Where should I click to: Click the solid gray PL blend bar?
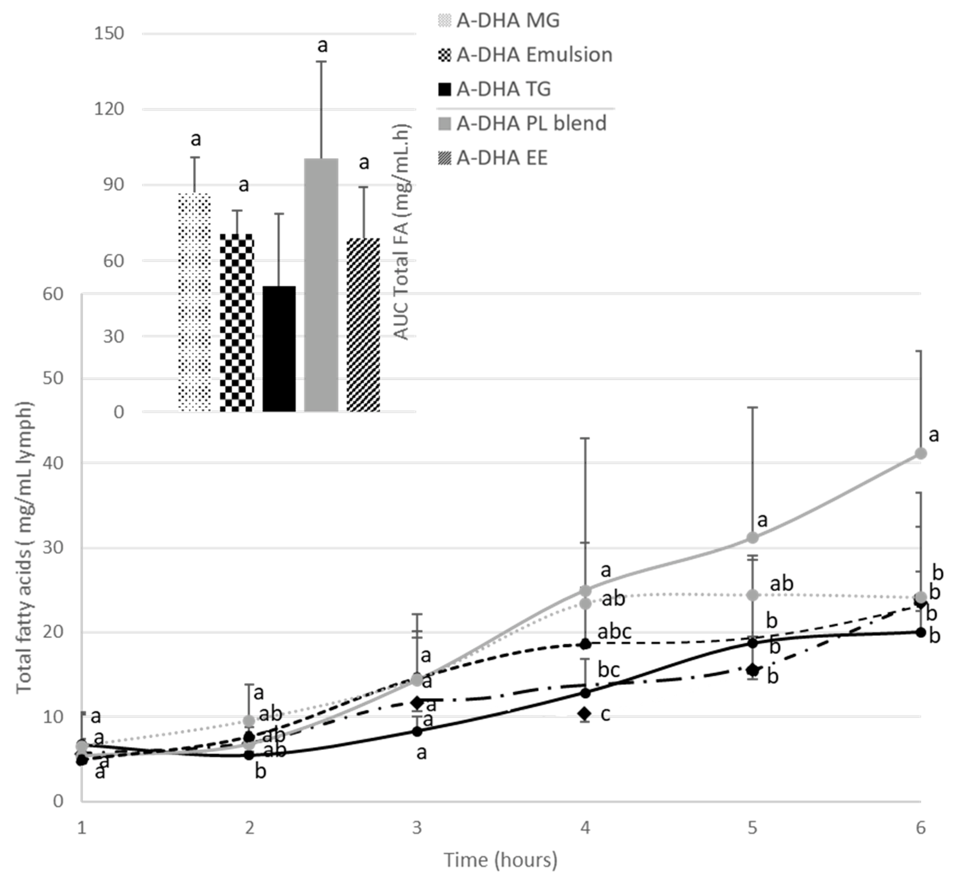[321, 285]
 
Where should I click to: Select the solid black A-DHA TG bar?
[279, 349]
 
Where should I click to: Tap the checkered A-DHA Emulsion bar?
[237, 322]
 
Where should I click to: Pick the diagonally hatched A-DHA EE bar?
[363, 325]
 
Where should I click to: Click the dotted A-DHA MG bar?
[194, 302]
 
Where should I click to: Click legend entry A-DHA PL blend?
[531, 124]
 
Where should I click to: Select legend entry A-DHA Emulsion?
[534, 55]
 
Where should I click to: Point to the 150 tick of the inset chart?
[109, 34]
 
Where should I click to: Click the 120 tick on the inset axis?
[109, 109]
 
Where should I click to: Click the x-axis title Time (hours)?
[500, 860]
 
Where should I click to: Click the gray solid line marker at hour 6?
[920, 454]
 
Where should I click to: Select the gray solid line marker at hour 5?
[752, 538]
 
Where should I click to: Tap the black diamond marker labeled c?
[585, 713]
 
